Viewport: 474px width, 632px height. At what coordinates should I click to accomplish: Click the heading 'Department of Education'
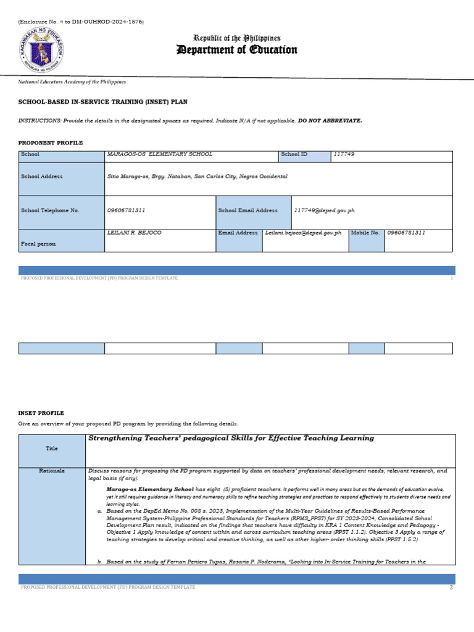[x=237, y=50]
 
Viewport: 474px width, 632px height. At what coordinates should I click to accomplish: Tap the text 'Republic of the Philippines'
[x=237, y=38]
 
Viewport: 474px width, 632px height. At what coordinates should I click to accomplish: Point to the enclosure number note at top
[x=81, y=22]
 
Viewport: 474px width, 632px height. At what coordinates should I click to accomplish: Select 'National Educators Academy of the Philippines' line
[x=72, y=81]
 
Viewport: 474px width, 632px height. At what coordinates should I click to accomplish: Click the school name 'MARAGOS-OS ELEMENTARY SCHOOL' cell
[x=160, y=154]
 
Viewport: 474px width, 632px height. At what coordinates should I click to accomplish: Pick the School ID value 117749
[x=344, y=154]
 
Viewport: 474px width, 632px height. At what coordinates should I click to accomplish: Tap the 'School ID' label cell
[x=294, y=154]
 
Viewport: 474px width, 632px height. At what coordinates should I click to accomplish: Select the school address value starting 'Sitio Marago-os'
[x=197, y=177]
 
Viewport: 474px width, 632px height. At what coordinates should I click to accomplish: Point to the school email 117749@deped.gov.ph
[x=325, y=210]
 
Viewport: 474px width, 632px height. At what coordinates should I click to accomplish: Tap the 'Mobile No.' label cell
[x=365, y=233]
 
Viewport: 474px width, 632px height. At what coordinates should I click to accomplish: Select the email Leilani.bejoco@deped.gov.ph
[x=303, y=233]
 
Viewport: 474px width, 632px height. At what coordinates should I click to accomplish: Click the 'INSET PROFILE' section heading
[x=41, y=413]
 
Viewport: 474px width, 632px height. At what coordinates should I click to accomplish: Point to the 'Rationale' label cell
[x=52, y=470]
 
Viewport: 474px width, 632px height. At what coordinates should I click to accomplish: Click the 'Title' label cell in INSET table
[x=52, y=449]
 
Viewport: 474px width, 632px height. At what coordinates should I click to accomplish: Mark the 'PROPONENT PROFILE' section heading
[x=51, y=143]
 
